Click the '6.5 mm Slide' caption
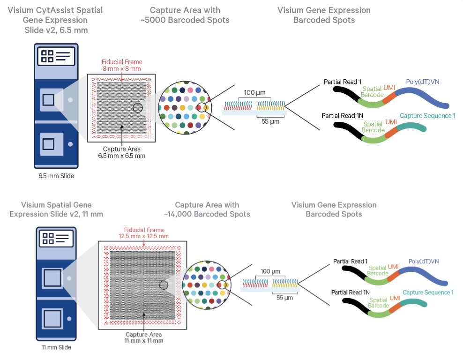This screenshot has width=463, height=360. click(x=55, y=176)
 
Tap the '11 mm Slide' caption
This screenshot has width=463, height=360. click(x=55, y=347)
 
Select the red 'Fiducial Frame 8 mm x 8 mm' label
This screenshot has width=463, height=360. click(x=122, y=65)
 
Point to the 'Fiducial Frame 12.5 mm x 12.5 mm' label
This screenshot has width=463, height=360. click(x=144, y=233)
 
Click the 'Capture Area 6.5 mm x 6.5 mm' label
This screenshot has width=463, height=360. click(x=122, y=152)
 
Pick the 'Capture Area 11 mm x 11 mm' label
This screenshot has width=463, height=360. click(x=144, y=337)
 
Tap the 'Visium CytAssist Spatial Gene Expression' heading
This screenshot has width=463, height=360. click(x=56, y=15)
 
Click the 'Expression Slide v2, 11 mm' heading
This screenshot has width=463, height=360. click(x=56, y=214)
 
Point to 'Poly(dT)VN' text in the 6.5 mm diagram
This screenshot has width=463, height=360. click(x=419, y=82)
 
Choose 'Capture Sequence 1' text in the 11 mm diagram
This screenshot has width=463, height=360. click(x=428, y=292)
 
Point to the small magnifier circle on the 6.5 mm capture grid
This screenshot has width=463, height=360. click(x=138, y=108)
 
